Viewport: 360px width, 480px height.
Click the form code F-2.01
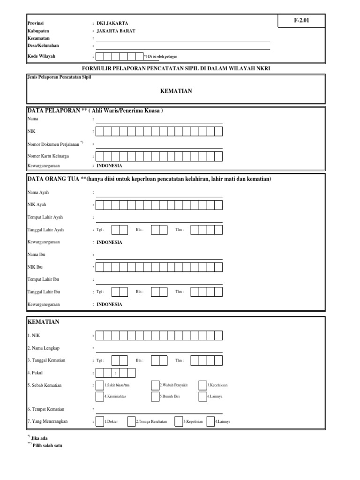[x=301, y=20]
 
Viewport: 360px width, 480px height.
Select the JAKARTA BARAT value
[x=116, y=30]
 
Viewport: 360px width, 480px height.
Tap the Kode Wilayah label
[x=41, y=56]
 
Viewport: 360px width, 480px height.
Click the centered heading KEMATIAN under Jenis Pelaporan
[x=176, y=91]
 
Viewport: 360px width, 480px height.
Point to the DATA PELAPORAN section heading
[x=95, y=111]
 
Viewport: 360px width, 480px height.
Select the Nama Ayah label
[x=38, y=192]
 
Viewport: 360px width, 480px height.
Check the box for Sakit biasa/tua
[x=100, y=385]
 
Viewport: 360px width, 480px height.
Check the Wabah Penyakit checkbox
[x=155, y=385]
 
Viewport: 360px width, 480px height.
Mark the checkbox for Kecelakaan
[x=203, y=385]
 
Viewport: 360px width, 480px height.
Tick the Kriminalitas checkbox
[x=100, y=396]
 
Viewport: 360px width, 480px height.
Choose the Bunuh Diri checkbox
[x=155, y=396]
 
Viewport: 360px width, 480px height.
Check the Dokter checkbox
[x=100, y=421]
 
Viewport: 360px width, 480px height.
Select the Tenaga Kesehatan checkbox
[x=132, y=421]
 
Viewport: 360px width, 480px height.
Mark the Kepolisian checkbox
[x=179, y=421]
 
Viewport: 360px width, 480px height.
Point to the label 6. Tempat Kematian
[x=45, y=409]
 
